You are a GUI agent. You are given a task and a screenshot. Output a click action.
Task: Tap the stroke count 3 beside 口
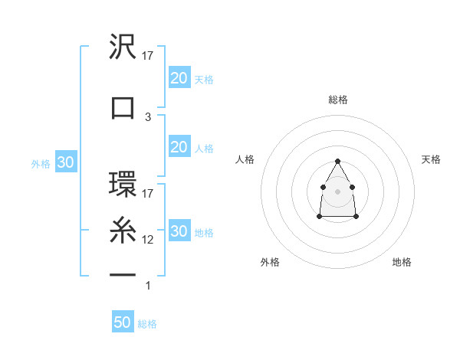point(148,116)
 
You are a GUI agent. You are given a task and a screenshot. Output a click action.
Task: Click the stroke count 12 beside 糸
point(149,239)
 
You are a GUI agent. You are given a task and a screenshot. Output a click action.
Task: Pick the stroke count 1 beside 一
point(148,286)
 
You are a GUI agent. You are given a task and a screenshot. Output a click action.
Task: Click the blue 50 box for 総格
point(123,322)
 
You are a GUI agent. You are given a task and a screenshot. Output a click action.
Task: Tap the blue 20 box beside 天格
point(179,77)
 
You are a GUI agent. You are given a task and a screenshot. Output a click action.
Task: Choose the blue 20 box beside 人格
point(179,146)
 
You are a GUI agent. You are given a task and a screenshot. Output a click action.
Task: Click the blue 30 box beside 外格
point(65,162)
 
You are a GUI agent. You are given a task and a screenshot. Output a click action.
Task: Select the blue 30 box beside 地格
point(179,231)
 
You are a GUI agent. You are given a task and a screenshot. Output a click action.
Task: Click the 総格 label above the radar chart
point(338,100)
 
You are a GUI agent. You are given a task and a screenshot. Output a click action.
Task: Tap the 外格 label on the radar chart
point(270,262)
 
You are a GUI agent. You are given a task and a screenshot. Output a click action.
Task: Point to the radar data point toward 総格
point(338,161)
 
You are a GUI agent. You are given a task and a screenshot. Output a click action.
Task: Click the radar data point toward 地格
point(356,217)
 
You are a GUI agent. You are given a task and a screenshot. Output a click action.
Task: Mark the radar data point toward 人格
point(324,186)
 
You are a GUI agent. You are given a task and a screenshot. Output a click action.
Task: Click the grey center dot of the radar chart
point(338,191)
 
